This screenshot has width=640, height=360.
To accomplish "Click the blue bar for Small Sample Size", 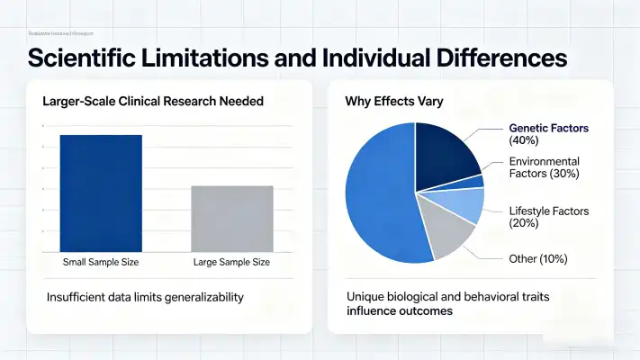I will pos(101,193).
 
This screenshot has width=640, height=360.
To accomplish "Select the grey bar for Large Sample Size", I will pos(233,219).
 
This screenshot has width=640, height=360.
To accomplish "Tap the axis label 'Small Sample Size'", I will pos(101,262).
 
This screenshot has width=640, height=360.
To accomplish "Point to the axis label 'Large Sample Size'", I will pos(232,262).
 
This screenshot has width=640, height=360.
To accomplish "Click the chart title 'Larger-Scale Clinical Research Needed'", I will pos(153,102).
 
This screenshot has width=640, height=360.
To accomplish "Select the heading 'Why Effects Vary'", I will pos(392,102).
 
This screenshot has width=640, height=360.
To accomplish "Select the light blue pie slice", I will pos(465,204).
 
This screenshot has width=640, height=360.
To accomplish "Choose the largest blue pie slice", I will pos(378,198).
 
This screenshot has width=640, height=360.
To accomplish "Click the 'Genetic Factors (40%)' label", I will pos(548,134).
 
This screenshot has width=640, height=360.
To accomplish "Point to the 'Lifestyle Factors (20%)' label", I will pos(548,217).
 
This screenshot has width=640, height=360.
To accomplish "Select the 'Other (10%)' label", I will pos(538,259).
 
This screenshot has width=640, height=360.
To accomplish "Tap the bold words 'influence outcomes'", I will pos(399,311).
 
